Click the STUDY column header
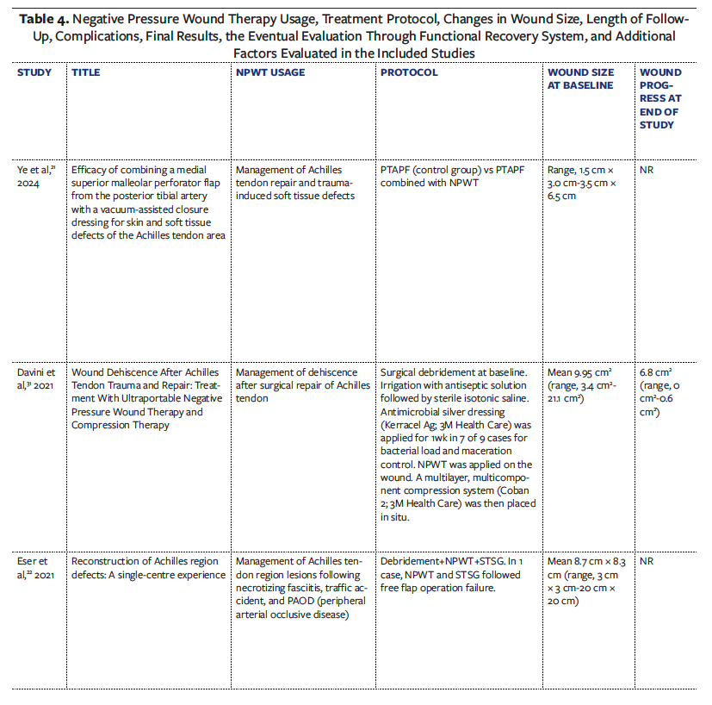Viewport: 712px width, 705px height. [34, 72]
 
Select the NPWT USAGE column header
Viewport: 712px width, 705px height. [270, 72]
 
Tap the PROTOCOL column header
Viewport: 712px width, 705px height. [409, 72]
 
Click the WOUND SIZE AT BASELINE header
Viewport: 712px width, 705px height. [579, 78]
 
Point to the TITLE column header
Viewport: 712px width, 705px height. [85, 72]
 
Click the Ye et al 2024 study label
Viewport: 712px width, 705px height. [34, 177]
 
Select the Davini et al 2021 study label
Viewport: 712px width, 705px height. [34, 379]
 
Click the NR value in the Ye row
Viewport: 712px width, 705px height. [647, 171]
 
